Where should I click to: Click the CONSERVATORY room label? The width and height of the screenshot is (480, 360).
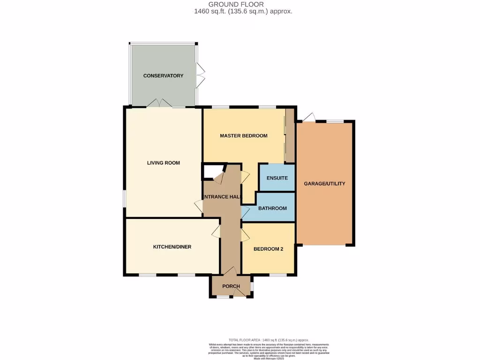pyautogui.click(x=163, y=75)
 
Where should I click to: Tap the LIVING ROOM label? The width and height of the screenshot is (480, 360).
pyautogui.click(x=163, y=163)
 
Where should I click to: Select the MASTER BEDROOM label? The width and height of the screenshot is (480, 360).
pyautogui.click(x=244, y=136)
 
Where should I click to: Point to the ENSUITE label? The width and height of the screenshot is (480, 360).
pyautogui.click(x=277, y=178)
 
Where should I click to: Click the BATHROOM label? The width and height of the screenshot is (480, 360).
pyautogui.click(x=272, y=209)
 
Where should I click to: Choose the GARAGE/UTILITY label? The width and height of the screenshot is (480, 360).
pyautogui.click(x=324, y=184)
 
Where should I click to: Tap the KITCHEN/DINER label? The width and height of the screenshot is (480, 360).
pyautogui.click(x=172, y=247)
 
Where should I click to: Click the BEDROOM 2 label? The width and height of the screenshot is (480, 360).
pyautogui.click(x=268, y=249)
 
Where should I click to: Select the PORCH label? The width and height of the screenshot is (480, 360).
pyautogui.click(x=231, y=286)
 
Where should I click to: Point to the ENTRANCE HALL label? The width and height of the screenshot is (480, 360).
pyautogui.click(x=222, y=197)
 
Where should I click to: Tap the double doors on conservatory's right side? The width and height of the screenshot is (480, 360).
pyautogui.click(x=201, y=75)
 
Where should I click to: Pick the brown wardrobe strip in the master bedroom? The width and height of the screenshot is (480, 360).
pyautogui.click(x=290, y=136)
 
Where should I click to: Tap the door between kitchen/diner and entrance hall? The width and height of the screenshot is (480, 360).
pyautogui.click(x=216, y=231)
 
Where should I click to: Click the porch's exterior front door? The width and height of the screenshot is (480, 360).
pyautogui.click(x=240, y=293)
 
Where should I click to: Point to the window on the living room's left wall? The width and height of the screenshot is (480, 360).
pyautogui.click(x=124, y=198)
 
